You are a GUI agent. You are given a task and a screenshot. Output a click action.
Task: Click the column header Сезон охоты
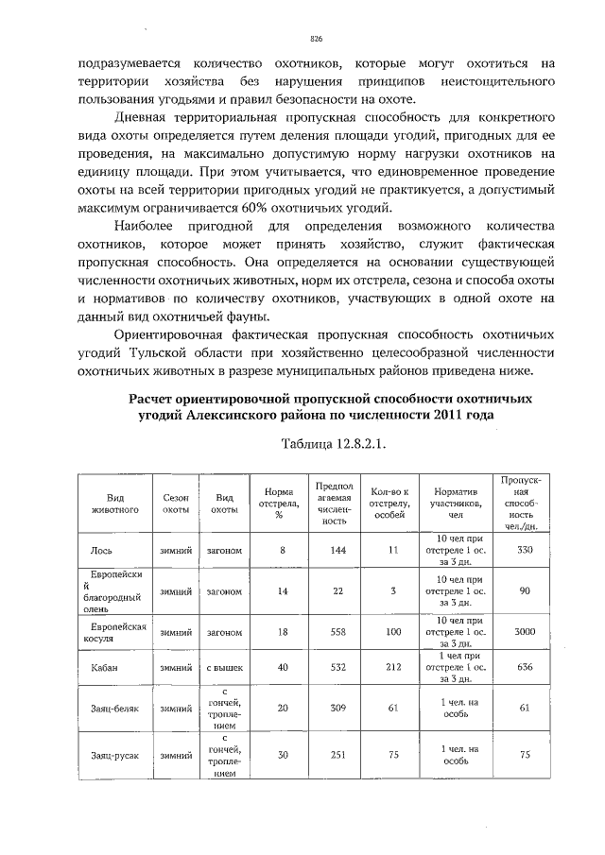(x=176, y=502)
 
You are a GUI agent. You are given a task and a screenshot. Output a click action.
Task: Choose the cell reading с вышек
(x=224, y=667)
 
